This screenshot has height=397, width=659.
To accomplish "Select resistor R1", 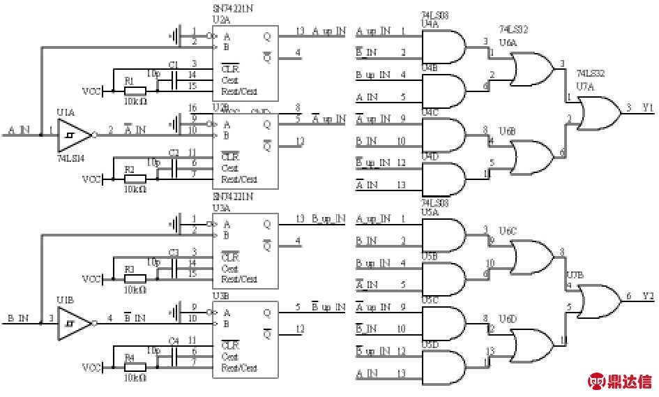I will (135, 91).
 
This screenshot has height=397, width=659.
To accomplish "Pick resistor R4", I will (135, 367).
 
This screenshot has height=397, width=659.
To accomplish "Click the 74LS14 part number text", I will (70, 160).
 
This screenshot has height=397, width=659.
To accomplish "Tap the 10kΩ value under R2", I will (134, 189).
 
